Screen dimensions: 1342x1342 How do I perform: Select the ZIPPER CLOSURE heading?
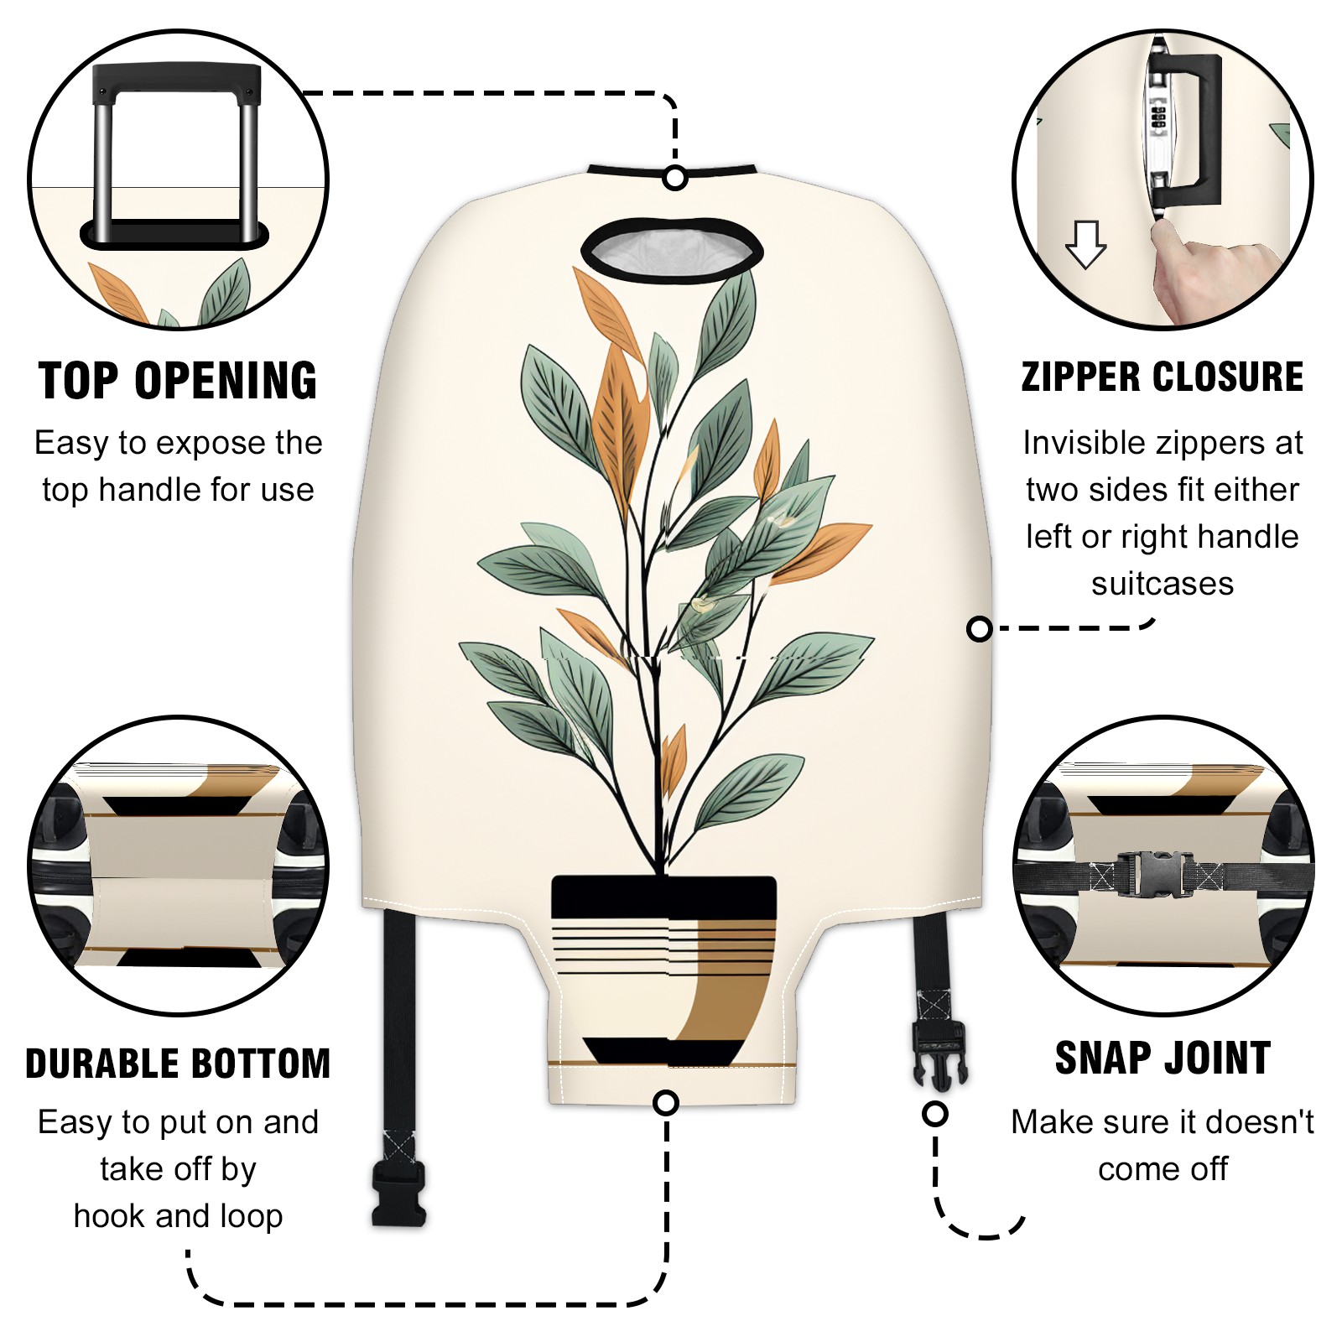(1163, 377)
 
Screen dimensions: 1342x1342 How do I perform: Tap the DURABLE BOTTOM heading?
(178, 1064)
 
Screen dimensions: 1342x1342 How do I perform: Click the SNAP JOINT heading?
(1163, 1058)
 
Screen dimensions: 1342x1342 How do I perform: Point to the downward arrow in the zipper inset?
(1086, 244)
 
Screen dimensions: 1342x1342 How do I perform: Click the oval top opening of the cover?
(672, 249)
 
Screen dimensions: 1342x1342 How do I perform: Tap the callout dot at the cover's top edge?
(675, 178)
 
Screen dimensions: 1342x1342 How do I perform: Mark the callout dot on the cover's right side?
(979, 629)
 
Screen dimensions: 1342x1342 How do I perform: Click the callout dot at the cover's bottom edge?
(666, 1102)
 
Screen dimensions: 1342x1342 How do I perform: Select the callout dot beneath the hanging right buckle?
(934, 1114)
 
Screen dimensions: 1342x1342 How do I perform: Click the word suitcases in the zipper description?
(1163, 584)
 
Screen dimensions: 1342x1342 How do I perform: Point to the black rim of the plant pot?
(663, 897)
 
